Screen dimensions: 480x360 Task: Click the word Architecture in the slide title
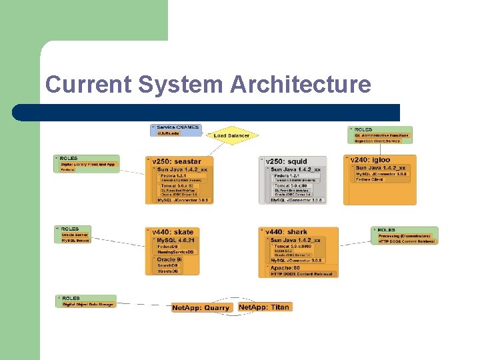[x=300, y=85]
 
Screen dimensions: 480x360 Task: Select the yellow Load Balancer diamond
[x=231, y=135]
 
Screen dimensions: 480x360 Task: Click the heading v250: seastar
[x=177, y=161]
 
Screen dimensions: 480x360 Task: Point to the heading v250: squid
[x=287, y=161]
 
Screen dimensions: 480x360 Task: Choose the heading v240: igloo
[x=375, y=160]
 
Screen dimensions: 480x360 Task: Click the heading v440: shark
[x=287, y=232]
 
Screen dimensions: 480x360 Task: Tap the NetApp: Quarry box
[x=201, y=307]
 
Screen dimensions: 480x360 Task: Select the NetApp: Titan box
[x=265, y=307]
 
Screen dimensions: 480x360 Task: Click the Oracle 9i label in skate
[x=171, y=259]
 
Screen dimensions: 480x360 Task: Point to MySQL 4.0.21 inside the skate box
[x=175, y=239]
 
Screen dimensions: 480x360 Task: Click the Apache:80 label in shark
[x=286, y=267]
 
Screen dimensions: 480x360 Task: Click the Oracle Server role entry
[x=74, y=235]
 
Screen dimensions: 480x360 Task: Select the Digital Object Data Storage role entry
[x=88, y=304]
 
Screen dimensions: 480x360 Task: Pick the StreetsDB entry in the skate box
[x=167, y=271]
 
